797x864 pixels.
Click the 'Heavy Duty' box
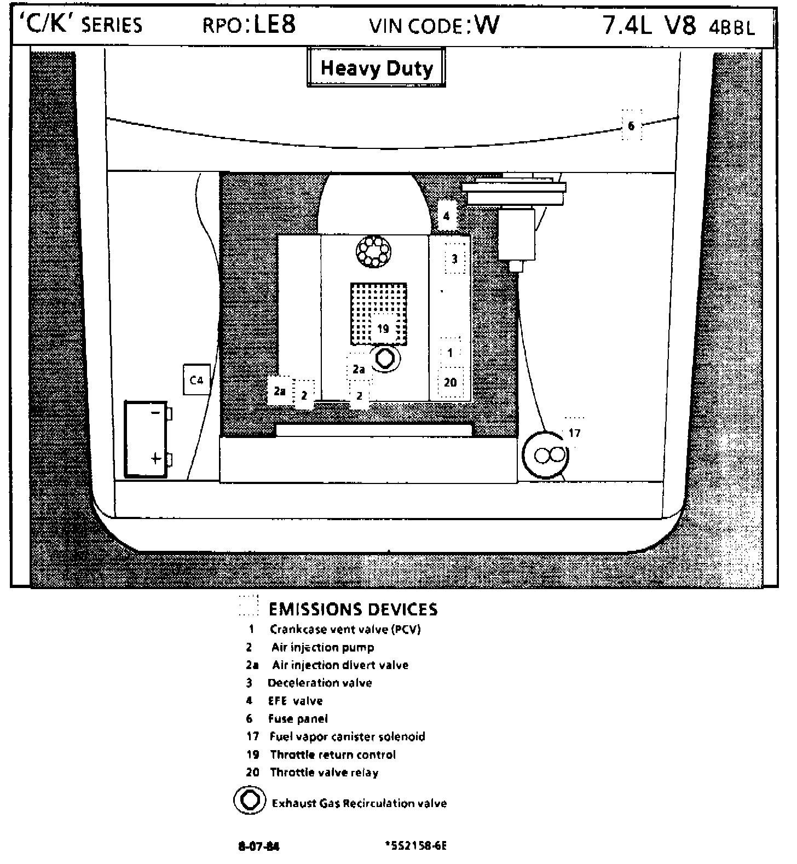(376, 68)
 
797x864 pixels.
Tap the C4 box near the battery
(196, 379)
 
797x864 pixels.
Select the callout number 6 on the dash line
(631, 126)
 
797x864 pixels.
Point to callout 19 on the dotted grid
(383, 329)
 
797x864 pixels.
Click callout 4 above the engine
(446, 216)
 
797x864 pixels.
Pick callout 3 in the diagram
(454, 258)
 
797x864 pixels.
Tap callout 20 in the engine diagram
(451, 382)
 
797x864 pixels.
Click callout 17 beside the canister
(574, 433)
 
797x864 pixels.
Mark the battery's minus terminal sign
(155, 412)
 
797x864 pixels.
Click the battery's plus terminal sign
(156, 458)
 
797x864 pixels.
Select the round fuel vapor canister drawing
(545, 455)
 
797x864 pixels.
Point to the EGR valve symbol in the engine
(385, 359)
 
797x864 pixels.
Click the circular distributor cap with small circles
(373, 252)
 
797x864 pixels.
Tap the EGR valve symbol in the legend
(250, 801)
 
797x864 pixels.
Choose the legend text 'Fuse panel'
(298, 718)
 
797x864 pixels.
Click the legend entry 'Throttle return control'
(332, 754)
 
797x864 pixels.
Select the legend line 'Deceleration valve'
(320, 683)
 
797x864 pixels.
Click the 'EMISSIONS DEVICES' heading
(353, 609)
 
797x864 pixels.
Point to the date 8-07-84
(258, 846)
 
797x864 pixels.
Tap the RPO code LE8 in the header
(275, 25)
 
